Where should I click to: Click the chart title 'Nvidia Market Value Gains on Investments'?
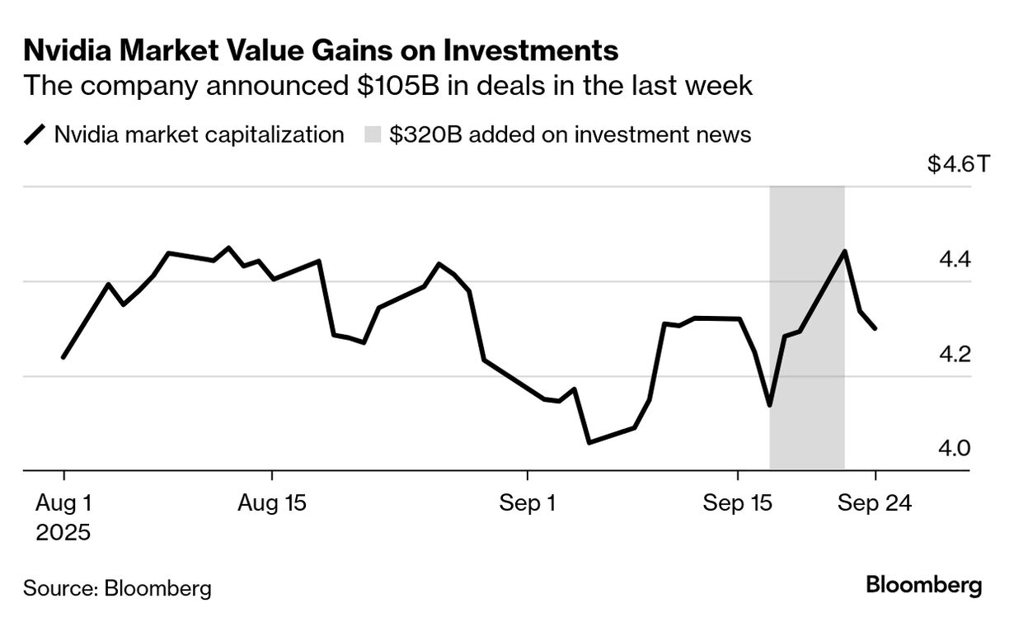(321, 51)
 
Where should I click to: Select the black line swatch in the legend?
(35, 134)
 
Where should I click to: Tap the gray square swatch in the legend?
(373, 134)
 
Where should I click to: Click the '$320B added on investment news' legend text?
(570, 134)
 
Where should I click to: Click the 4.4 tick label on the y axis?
(955, 260)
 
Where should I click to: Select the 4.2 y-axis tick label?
(955, 355)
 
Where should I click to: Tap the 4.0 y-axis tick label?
(955, 449)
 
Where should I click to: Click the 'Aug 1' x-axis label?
(63, 503)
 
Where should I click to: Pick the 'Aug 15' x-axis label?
(271, 503)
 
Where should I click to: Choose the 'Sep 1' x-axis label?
(528, 503)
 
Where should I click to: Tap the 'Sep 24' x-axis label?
(875, 503)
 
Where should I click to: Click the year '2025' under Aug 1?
(63, 532)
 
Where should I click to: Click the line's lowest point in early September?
(589, 443)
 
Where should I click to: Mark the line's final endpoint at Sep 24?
(875, 328)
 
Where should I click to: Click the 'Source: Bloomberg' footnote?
(117, 588)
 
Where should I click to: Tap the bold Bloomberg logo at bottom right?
(924, 586)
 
